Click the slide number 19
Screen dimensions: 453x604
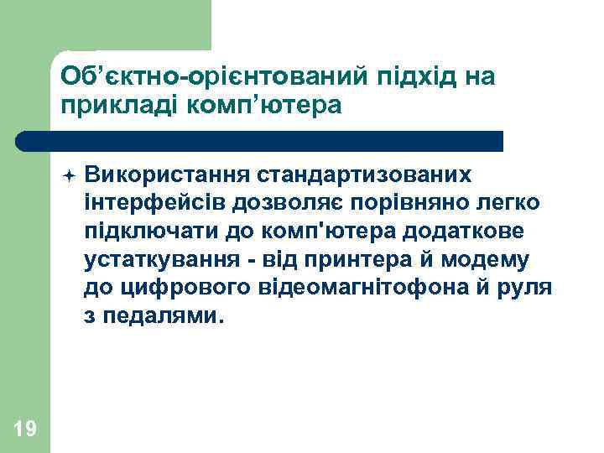point(25,430)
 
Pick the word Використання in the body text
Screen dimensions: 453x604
point(159,174)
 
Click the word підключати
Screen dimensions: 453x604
point(143,232)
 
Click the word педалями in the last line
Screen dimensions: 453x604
point(164,317)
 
